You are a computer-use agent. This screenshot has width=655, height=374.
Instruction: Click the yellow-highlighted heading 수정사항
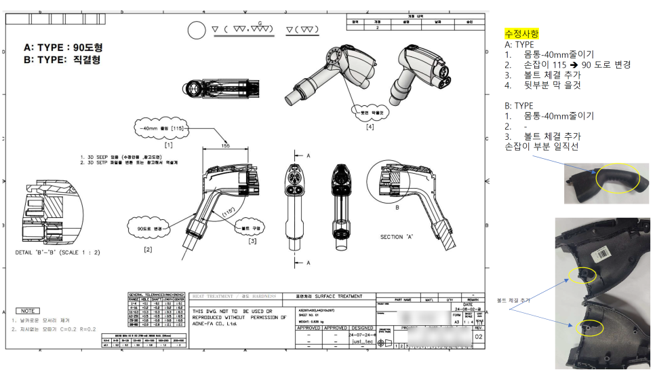[520, 33]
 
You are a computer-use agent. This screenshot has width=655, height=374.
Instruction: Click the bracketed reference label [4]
[370, 126]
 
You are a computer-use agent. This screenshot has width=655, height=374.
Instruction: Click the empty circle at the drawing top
[195, 31]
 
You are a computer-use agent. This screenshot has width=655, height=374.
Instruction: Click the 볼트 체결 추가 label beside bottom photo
[514, 299]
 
